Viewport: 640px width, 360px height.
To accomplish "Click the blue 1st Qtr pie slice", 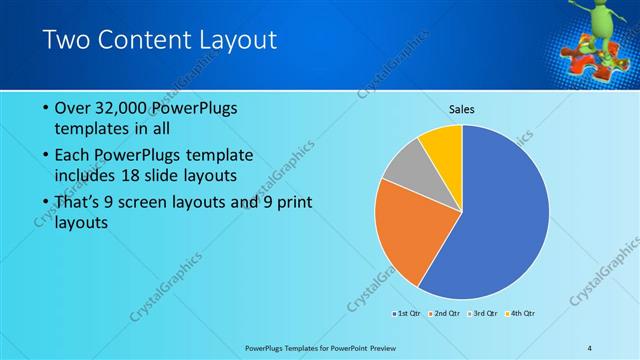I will (x=500, y=215).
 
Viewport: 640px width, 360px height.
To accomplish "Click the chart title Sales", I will (x=461, y=108).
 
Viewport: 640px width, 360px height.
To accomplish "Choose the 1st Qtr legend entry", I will (x=408, y=314).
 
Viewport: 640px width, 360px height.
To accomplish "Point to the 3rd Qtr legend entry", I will (x=482, y=314).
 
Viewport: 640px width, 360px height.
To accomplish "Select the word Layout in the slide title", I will (x=235, y=41).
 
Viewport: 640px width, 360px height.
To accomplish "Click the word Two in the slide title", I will (x=66, y=41).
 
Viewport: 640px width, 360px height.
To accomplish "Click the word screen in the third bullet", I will (x=169, y=202).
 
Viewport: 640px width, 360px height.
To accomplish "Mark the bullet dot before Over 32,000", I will (x=46, y=108).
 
